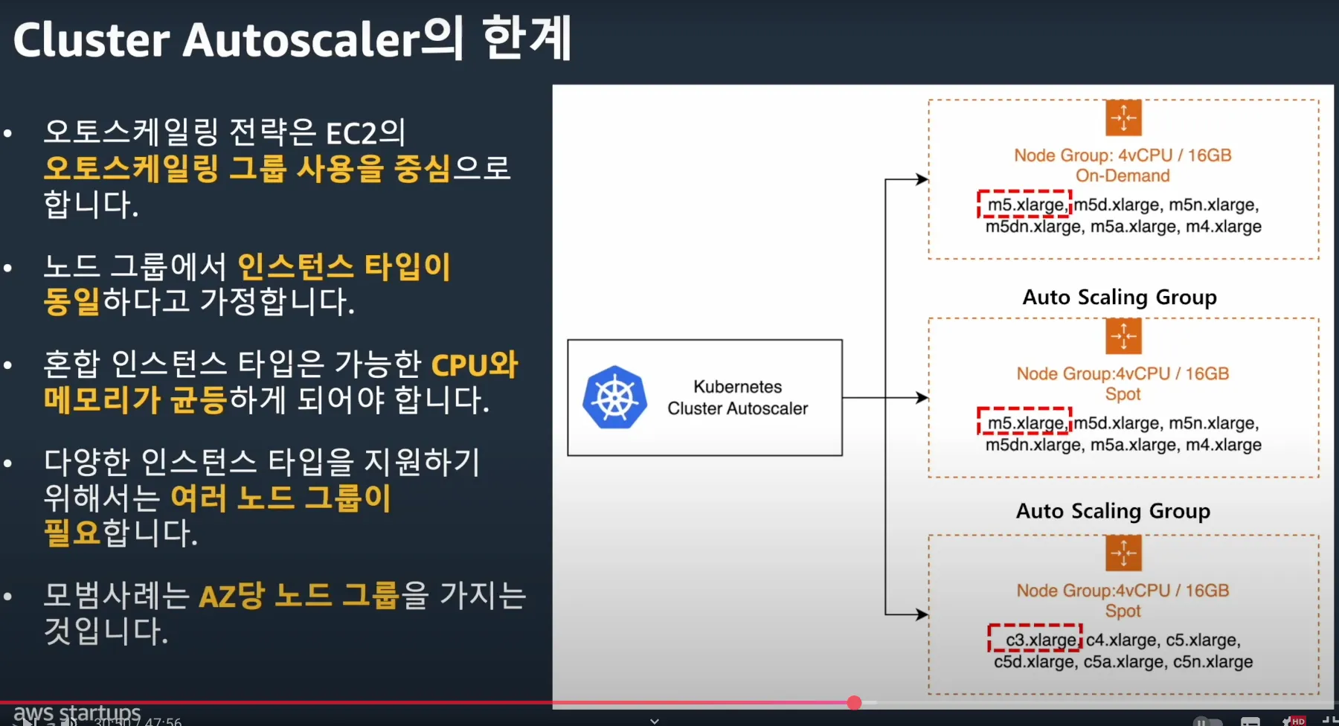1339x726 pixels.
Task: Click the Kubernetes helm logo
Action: pyautogui.click(x=614, y=397)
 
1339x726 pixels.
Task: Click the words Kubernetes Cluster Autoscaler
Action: pyautogui.click(x=737, y=397)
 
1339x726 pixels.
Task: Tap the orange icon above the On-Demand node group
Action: pyautogui.click(x=1123, y=118)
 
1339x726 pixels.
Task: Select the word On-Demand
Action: pyautogui.click(x=1123, y=176)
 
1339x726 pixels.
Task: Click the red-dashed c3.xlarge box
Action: pyautogui.click(x=1035, y=639)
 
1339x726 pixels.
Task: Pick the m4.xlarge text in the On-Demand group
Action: pyautogui.click(x=1223, y=226)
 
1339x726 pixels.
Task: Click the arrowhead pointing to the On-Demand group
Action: pyautogui.click(x=922, y=179)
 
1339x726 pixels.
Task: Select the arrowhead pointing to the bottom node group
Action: pyautogui.click(x=922, y=614)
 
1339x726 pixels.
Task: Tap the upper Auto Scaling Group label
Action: pyautogui.click(x=1120, y=297)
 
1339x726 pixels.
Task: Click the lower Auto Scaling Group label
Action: pyautogui.click(x=1113, y=511)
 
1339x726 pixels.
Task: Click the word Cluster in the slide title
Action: pyautogui.click(x=91, y=40)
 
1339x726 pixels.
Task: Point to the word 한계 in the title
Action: pyautogui.click(x=527, y=39)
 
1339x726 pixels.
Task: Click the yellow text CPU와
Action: pyautogui.click(x=474, y=365)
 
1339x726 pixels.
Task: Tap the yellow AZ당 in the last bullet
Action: pyautogui.click(x=231, y=596)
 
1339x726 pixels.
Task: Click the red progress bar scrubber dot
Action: pyautogui.click(x=854, y=702)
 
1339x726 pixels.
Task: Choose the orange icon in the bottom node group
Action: pyautogui.click(x=1123, y=553)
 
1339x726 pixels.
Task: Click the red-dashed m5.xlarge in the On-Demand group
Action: pyautogui.click(x=1024, y=205)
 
